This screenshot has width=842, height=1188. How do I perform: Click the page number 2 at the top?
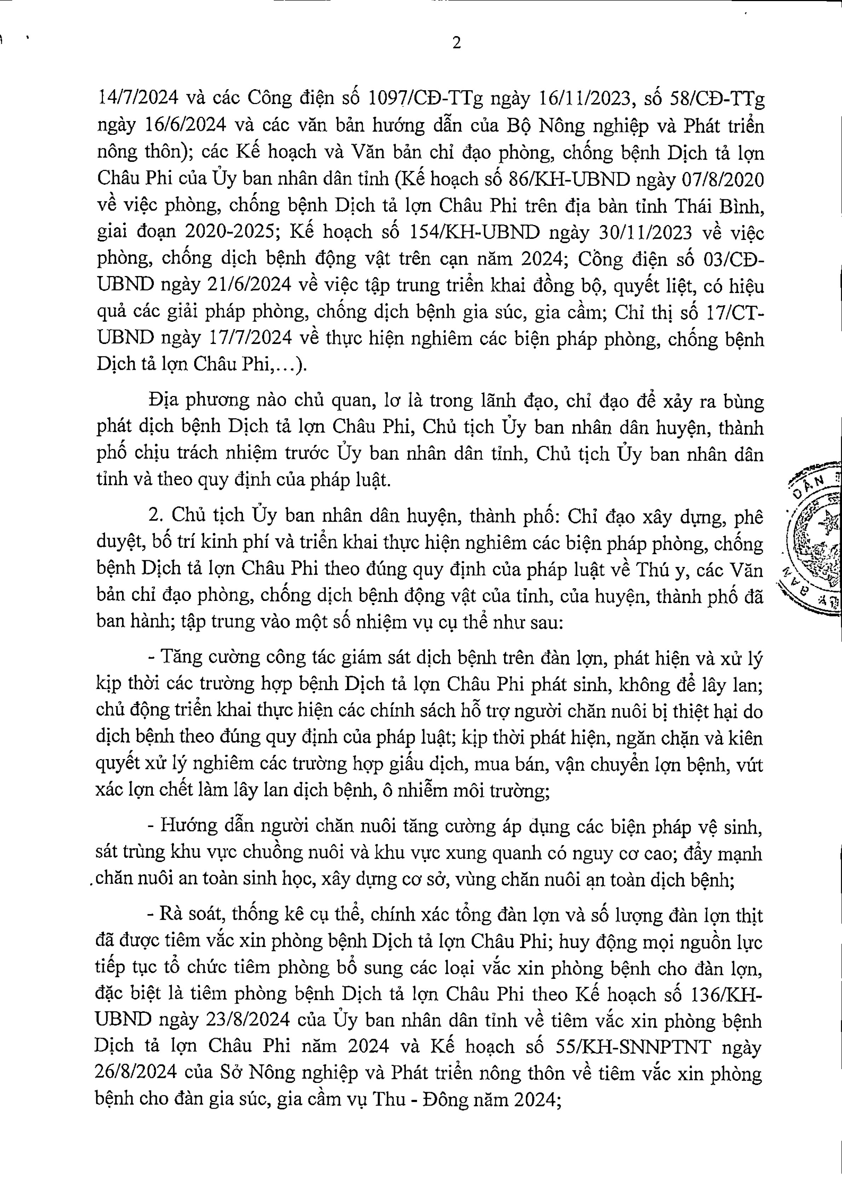tap(456, 44)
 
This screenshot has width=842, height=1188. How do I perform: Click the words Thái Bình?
tap(719, 205)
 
